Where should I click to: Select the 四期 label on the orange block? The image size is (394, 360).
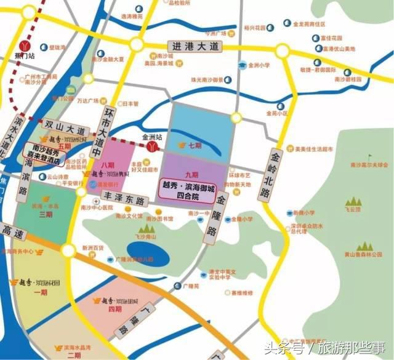(115, 310)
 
